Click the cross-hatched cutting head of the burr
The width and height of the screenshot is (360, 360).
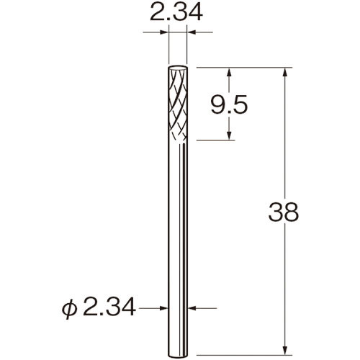pyautogui.click(x=179, y=104)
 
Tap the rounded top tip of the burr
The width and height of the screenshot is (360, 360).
pyautogui.click(x=179, y=69)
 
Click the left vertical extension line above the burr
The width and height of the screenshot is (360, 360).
pyautogui.click(x=168, y=47)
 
